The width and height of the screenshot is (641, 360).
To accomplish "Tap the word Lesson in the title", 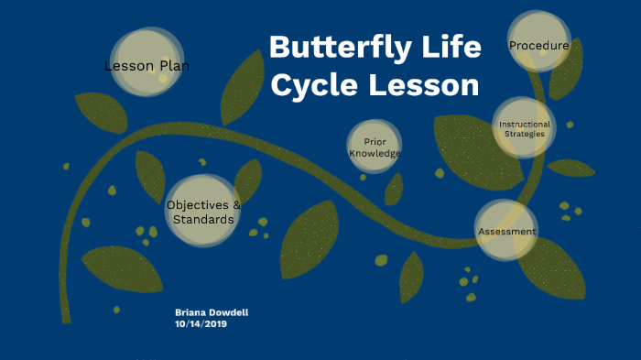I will pyautogui.click(x=425, y=85).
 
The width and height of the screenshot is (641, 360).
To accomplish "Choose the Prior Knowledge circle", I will pyautogui.click(x=375, y=147).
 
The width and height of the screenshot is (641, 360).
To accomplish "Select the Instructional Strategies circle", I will pyautogui.click(x=525, y=128).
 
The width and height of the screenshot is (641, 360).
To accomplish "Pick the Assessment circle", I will pyautogui.click(x=506, y=231).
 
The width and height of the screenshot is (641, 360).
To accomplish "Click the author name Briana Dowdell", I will pyautogui.click(x=212, y=312).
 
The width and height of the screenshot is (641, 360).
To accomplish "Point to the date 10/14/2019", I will pyautogui.click(x=201, y=323).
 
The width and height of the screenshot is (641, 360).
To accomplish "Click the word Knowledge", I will pyautogui.click(x=375, y=153).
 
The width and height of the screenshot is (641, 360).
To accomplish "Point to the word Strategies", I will pyautogui.click(x=525, y=134).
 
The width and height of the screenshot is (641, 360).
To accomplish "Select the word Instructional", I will pyautogui.click(x=525, y=124).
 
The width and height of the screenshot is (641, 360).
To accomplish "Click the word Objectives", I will pyautogui.click(x=197, y=204).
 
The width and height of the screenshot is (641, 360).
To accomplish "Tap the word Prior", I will pyautogui.click(x=375, y=141).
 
